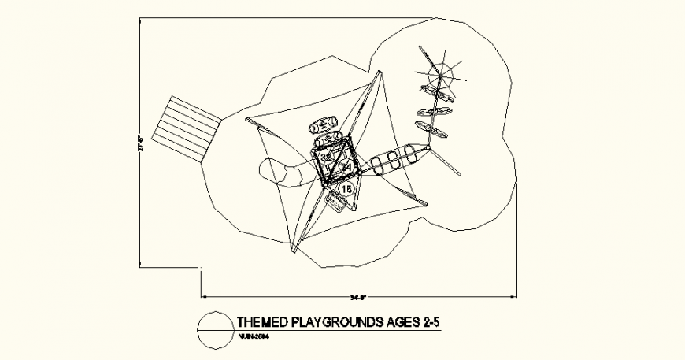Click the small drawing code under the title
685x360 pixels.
(x=253, y=336)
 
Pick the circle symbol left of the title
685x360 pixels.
(x=214, y=328)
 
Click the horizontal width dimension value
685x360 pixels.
(x=359, y=298)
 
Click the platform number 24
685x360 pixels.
(x=346, y=165)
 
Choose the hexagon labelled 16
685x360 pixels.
(x=347, y=188)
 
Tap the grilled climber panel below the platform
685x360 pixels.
(x=336, y=204)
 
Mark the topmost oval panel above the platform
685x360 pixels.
(x=324, y=124)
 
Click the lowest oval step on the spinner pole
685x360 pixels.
(x=432, y=130)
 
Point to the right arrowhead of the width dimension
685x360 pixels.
(x=516, y=296)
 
